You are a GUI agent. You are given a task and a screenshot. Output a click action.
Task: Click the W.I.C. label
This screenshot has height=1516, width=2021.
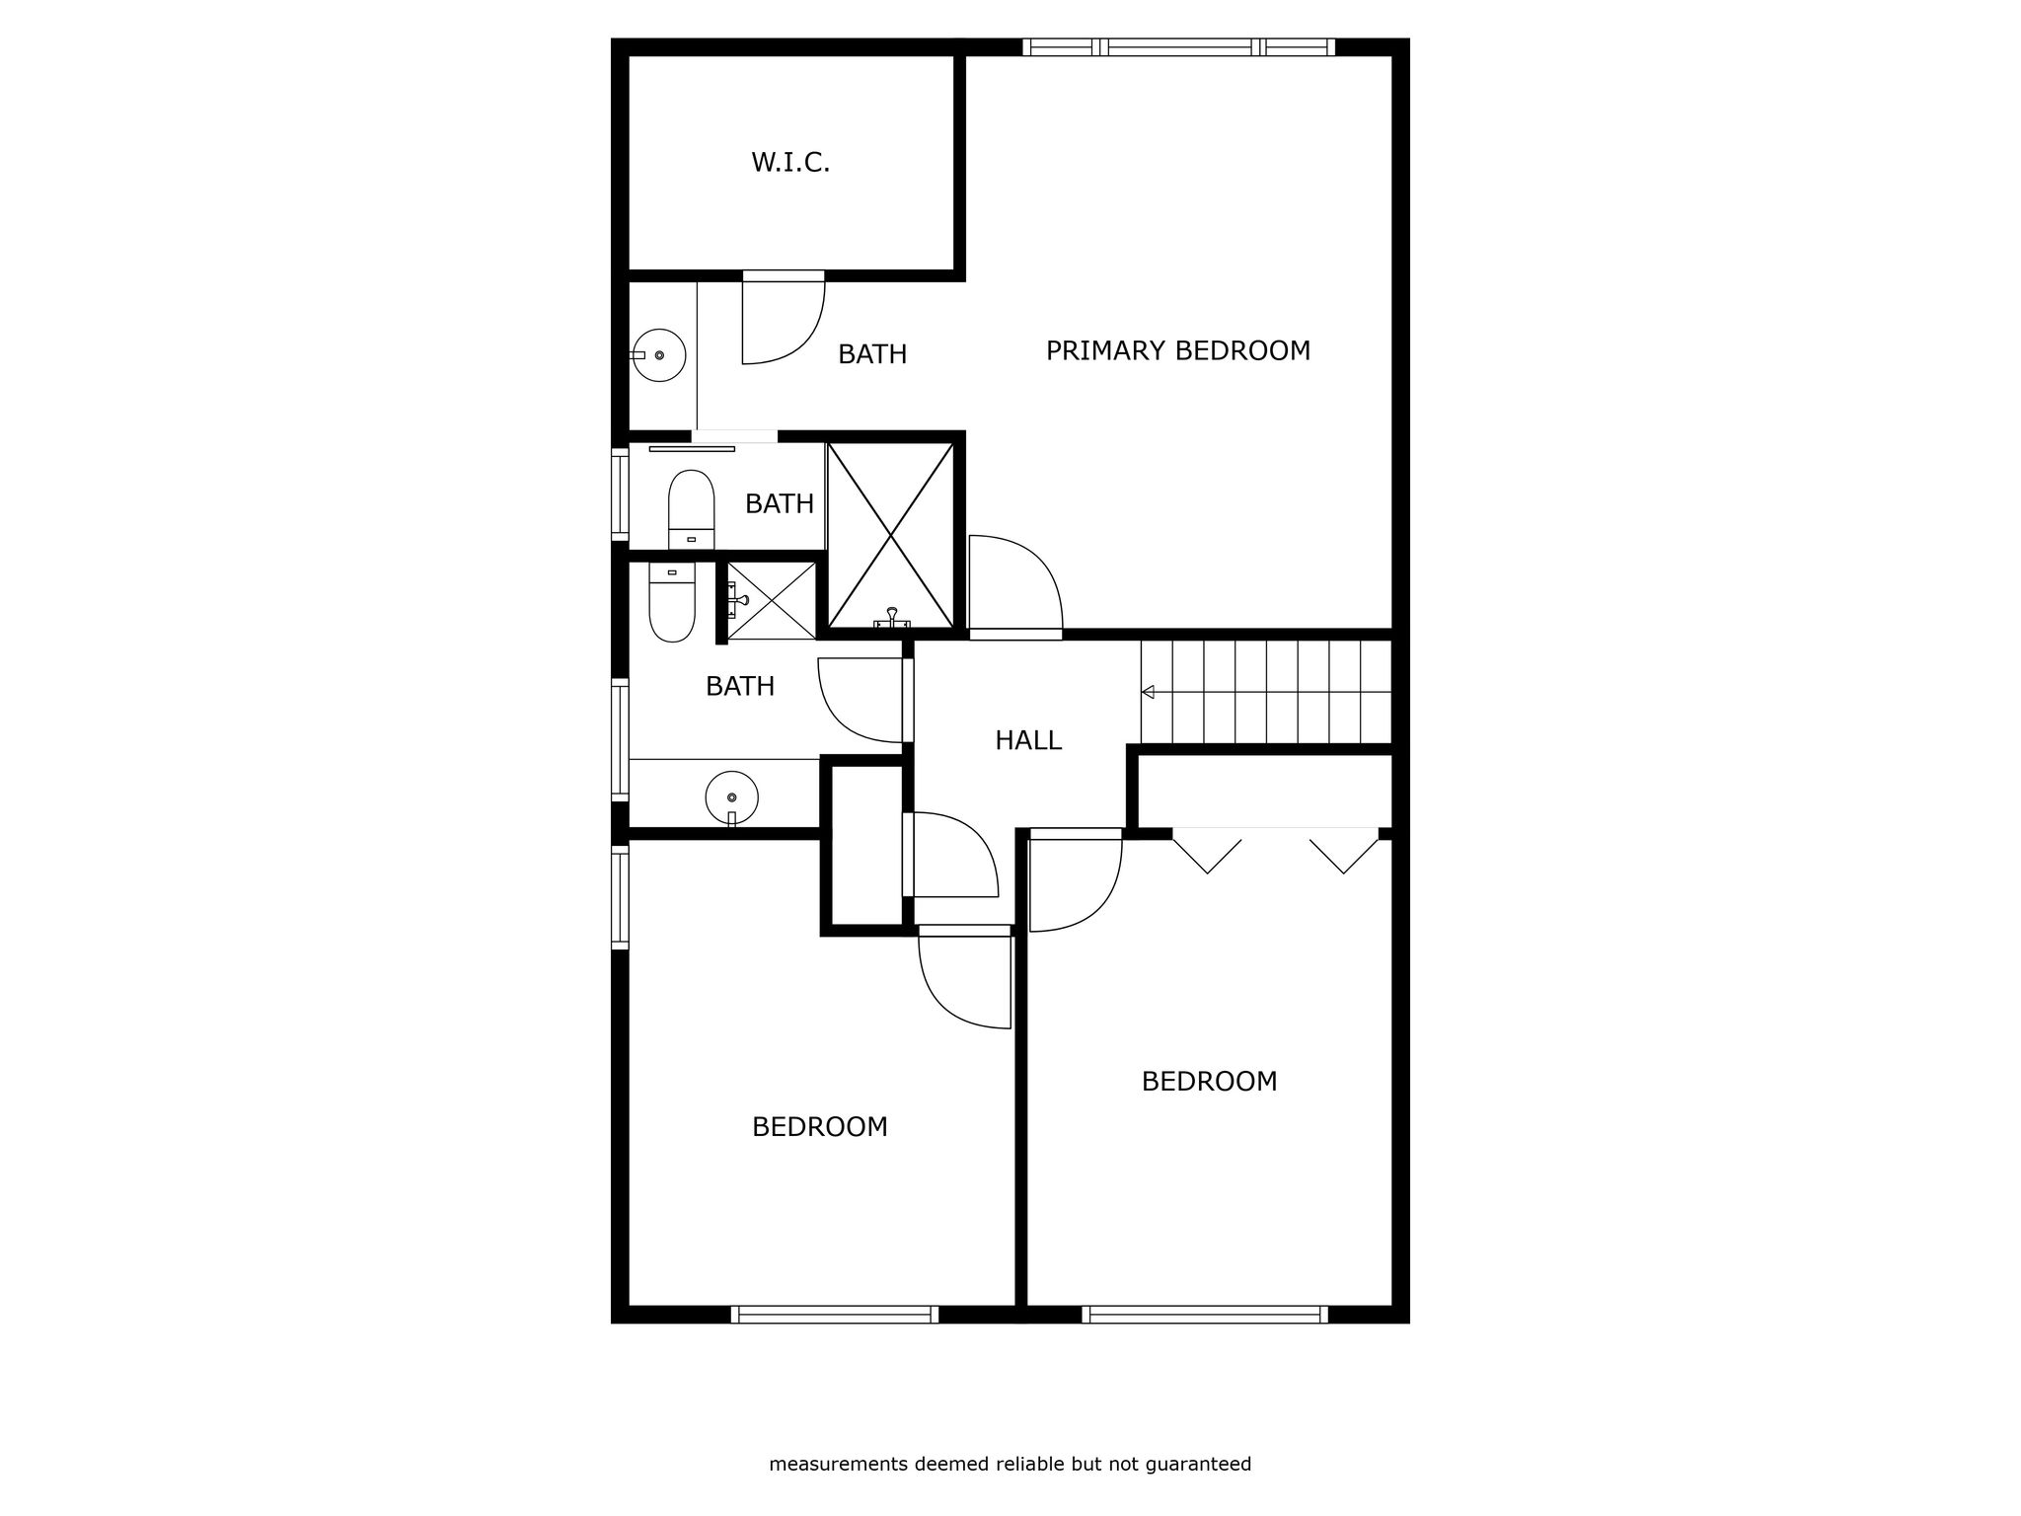tap(790, 163)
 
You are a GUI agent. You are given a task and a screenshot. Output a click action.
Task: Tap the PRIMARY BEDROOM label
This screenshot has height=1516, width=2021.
tap(1178, 351)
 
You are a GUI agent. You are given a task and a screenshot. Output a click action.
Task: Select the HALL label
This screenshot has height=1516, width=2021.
tap(1028, 740)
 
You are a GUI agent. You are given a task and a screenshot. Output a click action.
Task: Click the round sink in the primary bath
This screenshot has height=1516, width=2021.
tap(658, 355)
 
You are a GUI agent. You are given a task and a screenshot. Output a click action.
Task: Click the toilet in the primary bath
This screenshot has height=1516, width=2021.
tap(691, 509)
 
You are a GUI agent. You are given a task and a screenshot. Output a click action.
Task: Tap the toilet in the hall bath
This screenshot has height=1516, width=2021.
tap(672, 602)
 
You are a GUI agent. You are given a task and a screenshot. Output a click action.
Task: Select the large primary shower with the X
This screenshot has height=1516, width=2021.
tap(891, 535)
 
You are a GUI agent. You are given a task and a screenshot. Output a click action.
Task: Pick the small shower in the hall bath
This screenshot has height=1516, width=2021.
tap(772, 600)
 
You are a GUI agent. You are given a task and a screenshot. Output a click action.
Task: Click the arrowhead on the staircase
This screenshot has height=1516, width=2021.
tap(1149, 693)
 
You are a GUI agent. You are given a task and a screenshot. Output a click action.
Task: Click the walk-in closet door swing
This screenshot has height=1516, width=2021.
tap(784, 318)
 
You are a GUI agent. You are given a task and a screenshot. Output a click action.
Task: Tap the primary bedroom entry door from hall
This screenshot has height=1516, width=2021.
tap(1015, 587)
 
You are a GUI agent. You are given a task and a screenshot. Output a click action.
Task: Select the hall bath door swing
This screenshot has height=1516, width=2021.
tap(861, 700)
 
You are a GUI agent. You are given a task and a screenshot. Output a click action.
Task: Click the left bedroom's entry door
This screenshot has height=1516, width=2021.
tap(965, 977)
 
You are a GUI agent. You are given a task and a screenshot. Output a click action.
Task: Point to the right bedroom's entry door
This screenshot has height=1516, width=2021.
tap(1076, 880)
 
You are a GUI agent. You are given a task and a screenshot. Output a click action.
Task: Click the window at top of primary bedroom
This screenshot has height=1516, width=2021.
tap(1179, 46)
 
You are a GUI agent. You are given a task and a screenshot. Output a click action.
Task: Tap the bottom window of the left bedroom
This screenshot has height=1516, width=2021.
tap(835, 1314)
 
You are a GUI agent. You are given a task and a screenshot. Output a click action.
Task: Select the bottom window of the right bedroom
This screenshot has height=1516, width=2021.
tap(1205, 1314)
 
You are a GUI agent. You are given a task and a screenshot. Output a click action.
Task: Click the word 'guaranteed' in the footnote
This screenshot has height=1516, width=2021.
tap(1198, 1465)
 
